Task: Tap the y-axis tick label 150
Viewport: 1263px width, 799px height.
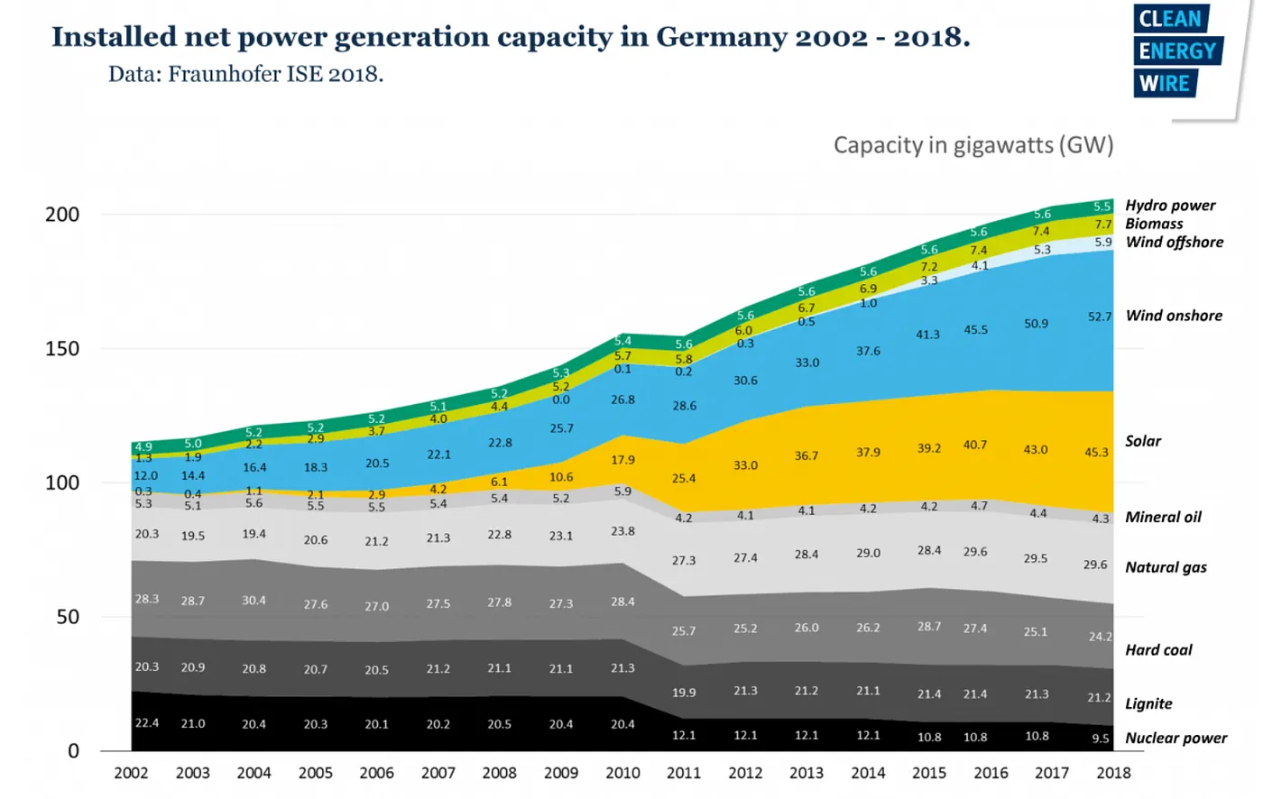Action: coord(62,348)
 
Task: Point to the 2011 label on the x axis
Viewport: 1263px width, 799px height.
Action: coord(683,773)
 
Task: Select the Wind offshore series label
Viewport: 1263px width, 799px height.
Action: coord(1174,242)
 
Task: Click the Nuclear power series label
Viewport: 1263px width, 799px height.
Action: coord(1175,738)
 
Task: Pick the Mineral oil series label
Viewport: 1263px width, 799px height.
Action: coord(1163,517)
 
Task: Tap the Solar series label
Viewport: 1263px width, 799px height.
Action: coord(1143,441)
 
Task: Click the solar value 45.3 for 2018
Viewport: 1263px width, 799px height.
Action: coord(1096,452)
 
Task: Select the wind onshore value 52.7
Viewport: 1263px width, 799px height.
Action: coord(1100,317)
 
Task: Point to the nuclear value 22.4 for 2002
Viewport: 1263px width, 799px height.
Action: coord(147,722)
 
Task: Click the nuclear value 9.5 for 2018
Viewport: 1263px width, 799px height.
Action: coord(1101,738)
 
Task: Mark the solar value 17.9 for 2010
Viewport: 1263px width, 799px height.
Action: coord(622,460)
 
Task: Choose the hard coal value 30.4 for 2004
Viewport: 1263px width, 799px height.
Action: coord(254,600)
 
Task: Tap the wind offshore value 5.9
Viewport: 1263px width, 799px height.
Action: coord(1103,242)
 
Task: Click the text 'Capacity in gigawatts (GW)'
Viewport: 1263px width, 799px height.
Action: coord(973,145)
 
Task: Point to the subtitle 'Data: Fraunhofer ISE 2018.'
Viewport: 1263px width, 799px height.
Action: coord(245,74)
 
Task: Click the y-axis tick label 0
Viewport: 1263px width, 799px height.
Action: coord(73,751)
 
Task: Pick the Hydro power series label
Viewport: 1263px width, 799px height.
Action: coord(1169,206)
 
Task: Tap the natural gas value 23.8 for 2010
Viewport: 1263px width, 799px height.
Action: coord(622,531)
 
